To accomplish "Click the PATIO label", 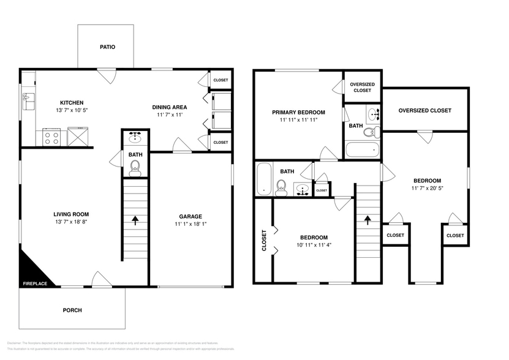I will coord(108,47).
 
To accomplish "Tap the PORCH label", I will coord(72,310).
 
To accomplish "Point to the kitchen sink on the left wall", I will coord(27,97).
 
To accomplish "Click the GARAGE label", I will coord(190,216).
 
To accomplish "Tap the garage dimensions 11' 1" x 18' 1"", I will coord(190,225).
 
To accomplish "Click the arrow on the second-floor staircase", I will coord(368,219).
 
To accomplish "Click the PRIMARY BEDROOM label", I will coord(298,112).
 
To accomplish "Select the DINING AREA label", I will coord(170,107).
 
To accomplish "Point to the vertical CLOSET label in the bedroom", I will coord(264,240).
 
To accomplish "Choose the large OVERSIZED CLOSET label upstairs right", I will coord(424,111).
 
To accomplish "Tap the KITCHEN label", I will coord(72,103).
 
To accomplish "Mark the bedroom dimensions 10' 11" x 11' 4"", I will coord(313,246).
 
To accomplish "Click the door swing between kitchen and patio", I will coord(108,77).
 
